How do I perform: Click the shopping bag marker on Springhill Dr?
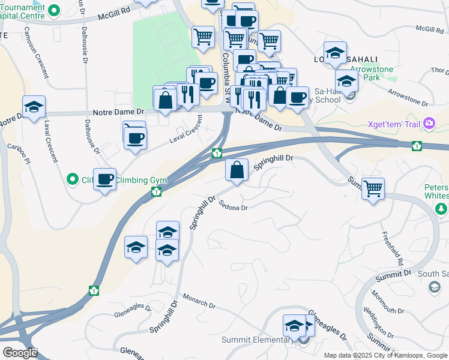tap(237, 170)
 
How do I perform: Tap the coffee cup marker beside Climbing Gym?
tap(105, 178)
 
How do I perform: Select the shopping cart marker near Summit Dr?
tap(373, 189)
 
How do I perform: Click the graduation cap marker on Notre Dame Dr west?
tap(34, 107)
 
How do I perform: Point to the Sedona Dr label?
tap(233, 205)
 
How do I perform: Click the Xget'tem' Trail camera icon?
tap(429, 124)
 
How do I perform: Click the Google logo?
tap(19, 353)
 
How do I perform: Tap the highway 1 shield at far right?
tap(416, 146)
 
